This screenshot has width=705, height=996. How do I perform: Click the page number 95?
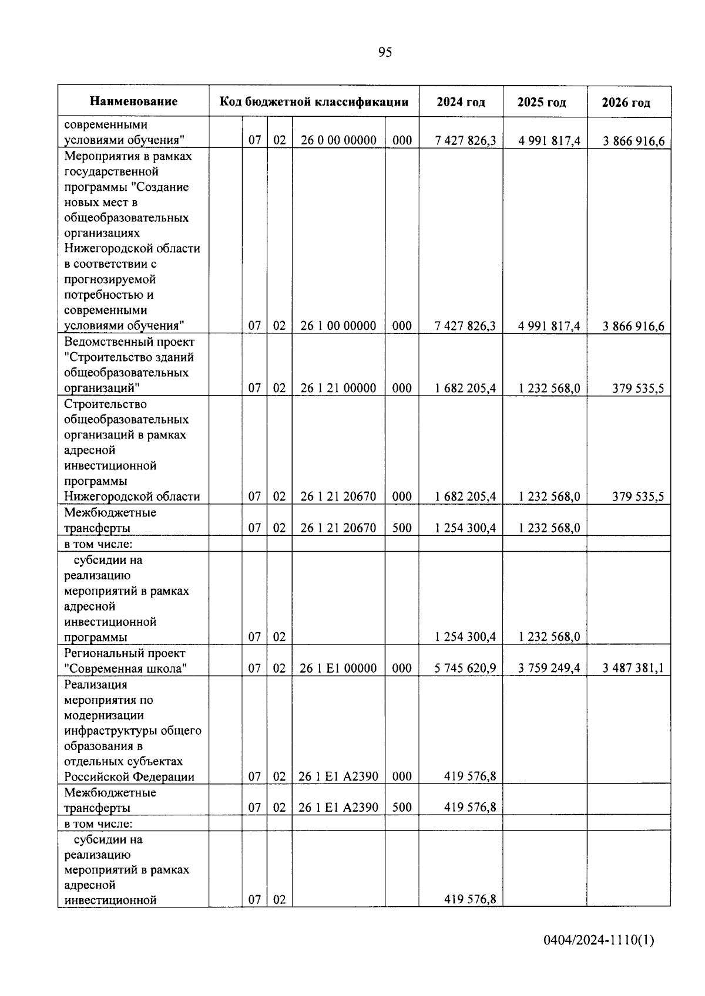point(385,52)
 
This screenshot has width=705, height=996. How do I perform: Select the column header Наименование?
point(133,102)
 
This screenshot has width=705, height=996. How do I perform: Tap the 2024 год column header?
point(461,102)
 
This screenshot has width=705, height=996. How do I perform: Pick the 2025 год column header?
point(541,102)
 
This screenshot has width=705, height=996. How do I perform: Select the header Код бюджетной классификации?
point(314,102)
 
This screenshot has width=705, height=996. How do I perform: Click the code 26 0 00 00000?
point(338,140)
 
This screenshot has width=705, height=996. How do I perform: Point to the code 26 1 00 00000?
point(338,326)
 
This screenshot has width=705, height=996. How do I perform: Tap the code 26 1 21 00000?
point(338,388)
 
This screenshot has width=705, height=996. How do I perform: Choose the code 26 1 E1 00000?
point(338,668)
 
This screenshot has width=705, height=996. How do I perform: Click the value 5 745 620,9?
point(465,668)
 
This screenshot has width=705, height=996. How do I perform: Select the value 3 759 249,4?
point(549,668)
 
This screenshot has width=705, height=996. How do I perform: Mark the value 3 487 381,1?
point(633,668)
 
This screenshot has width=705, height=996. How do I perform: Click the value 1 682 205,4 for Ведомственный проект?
point(465,388)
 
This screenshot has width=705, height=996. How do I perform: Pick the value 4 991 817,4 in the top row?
point(549,141)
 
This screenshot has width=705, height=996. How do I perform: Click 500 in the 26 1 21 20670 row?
point(402,528)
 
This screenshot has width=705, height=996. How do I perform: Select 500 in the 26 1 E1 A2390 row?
point(402,808)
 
